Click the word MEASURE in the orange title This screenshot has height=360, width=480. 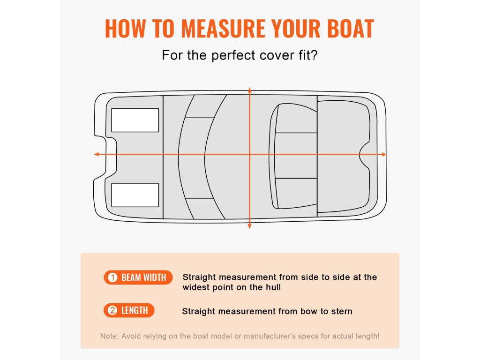(224, 29)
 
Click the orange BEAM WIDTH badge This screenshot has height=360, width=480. (138, 277)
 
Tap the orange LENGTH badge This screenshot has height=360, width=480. (129, 310)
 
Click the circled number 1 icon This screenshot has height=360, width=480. (112, 277)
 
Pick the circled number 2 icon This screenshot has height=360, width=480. (112, 310)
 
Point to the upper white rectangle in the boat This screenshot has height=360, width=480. (135, 120)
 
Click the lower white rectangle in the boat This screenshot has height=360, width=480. (135, 195)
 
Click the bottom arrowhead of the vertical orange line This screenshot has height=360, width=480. (249, 226)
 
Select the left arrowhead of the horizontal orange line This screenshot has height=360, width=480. (97, 154)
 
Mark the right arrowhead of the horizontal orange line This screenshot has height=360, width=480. (383, 154)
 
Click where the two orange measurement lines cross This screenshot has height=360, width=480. (250, 154)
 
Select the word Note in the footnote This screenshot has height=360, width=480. (108, 336)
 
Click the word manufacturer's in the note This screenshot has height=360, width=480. (270, 336)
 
